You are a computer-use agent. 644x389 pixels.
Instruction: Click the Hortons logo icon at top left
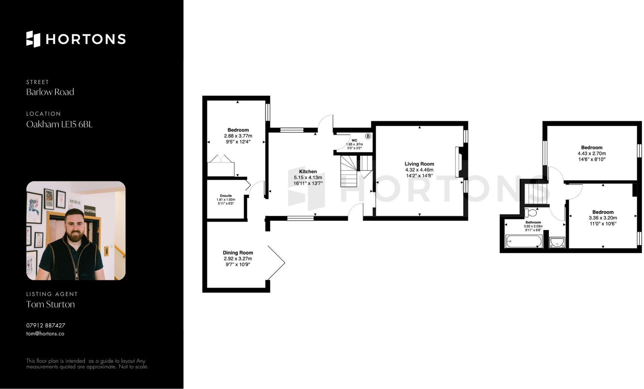click(33, 39)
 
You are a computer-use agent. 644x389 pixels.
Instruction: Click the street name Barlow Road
click(50, 92)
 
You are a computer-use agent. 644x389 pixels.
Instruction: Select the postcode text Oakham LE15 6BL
click(59, 124)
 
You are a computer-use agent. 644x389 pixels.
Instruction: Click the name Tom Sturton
click(50, 304)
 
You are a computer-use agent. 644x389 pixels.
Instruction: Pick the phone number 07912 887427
click(46, 325)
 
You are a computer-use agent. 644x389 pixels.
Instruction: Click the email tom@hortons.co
click(45, 334)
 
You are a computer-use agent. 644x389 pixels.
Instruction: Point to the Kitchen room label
click(308, 171)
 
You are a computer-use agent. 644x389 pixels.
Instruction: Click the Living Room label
click(419, 164)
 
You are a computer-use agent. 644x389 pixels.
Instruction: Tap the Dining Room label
click(238, 253)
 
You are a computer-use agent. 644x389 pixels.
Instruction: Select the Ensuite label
click(226, 196)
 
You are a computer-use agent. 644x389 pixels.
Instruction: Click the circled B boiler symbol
click(368, 136)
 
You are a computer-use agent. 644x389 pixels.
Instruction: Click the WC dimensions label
click(354, 146)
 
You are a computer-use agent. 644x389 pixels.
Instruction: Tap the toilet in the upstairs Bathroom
click(530, 213)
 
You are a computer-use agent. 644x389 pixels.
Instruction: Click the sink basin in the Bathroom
click(557, 242)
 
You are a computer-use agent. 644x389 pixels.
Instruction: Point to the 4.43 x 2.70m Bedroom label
click(592, 147)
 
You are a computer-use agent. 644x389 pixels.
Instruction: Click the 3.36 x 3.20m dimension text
click(603, 218)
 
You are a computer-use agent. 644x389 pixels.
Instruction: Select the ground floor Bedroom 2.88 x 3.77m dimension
click(238, 136)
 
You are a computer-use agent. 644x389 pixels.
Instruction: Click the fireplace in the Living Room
click(458, 162)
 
